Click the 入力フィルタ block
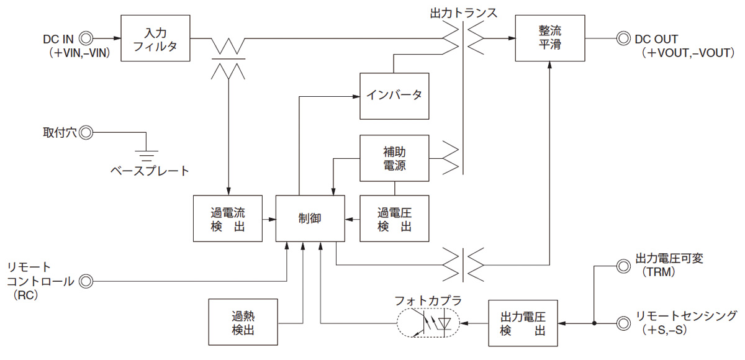(x=155, y=38)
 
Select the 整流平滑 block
(x=550, y=38)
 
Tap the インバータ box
(x=394, y=96)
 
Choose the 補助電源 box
(x=394, y=158)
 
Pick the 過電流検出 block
(x=227, y=218)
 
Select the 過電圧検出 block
(x=394, y=218)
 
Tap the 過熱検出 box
(x=243, y=322)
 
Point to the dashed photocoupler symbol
(x=428, y=323)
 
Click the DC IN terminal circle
(x=86, y=38)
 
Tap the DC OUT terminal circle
(x=621, y=38)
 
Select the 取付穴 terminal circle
(x=86, y=132)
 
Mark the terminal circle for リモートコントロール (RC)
(x=86, y=281)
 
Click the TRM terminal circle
(x=621, y=266)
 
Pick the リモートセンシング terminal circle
(x=621, y=323)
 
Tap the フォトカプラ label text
(x=428, y=300)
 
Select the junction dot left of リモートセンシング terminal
(x=594, y=323)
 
